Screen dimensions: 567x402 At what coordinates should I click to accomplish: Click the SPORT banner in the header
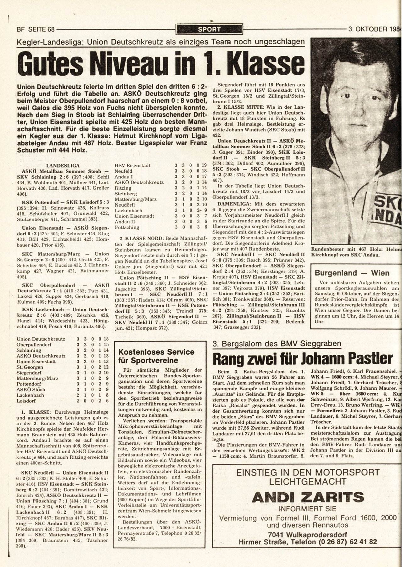pos(209,30)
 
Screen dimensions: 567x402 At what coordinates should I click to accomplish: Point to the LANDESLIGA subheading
pos(63,165)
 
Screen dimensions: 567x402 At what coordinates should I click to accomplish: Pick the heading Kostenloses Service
pos(156,352)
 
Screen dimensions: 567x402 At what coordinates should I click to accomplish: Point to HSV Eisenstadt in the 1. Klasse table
pos(132,165)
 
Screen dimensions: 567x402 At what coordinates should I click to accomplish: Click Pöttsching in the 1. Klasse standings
pos(127,227)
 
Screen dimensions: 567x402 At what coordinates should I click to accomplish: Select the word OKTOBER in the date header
pos(372,30)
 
